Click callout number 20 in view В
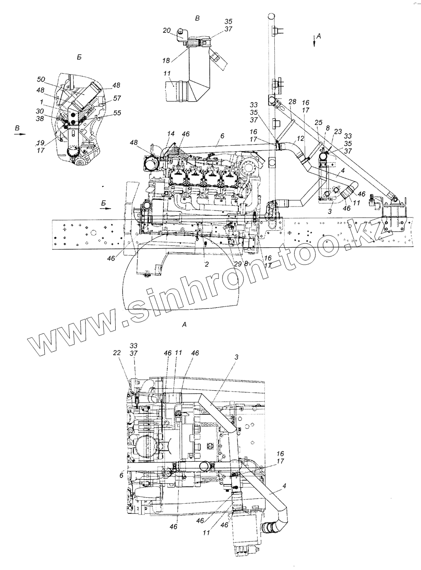[x=166, y=30]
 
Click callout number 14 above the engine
[x=171, y=133]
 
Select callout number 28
[x=293, y=102]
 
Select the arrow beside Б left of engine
[x=105, y=209]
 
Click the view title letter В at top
[x=198, y=18]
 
